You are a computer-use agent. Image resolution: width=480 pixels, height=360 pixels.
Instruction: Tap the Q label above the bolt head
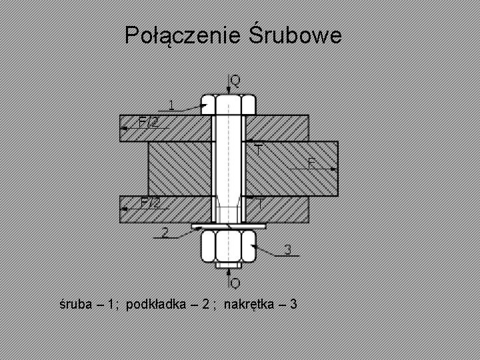tap(235, 81)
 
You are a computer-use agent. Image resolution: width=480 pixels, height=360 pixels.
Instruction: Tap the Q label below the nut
tap(235, 283)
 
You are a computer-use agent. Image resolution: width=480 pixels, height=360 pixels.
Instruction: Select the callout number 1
tap(171, 104)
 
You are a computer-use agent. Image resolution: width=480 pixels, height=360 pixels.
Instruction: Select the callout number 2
tap(164, 232)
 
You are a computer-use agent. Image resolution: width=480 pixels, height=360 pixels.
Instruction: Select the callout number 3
tap(287, 250)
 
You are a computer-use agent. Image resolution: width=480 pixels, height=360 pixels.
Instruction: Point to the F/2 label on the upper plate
tap(148, 121)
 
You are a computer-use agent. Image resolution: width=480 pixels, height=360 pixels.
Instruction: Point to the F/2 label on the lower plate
tap(149, 202)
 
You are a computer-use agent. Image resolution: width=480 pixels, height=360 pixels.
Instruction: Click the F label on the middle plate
tap(311, 163)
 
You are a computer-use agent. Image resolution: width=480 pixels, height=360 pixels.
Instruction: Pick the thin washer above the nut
tap(228, 227)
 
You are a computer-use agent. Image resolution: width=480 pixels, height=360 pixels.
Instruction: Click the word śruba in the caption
tap(74, 305)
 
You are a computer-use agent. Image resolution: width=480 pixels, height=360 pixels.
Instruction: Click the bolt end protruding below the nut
tap(228, 265)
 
